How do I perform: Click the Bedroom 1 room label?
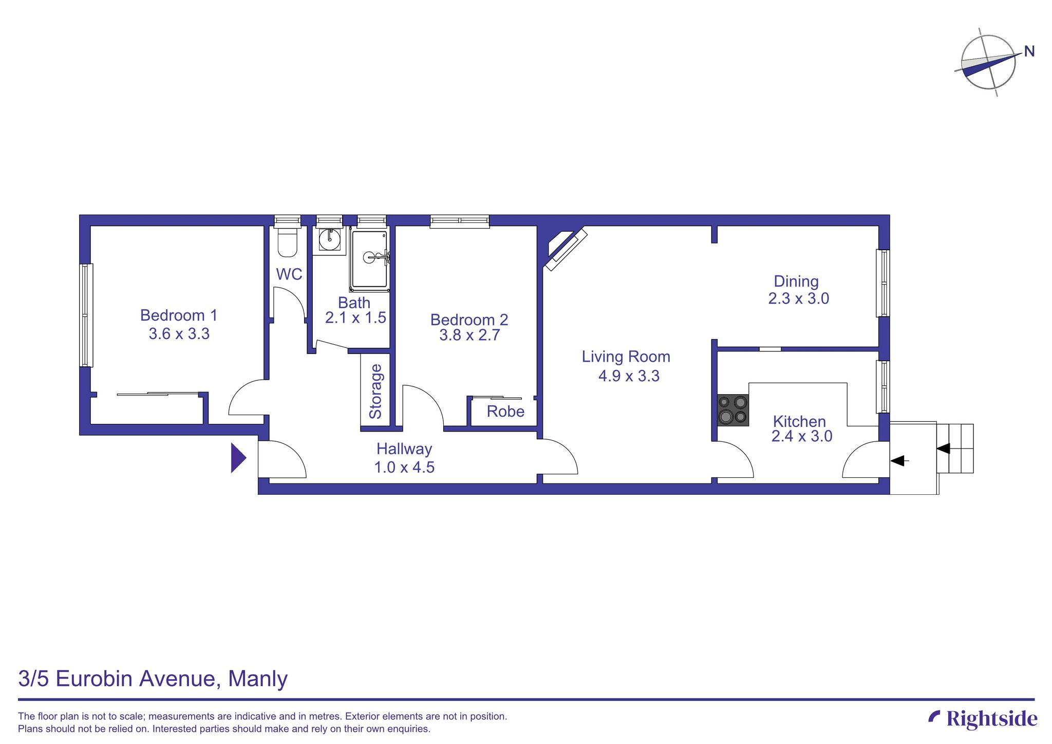click(179, 315)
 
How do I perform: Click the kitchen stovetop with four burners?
click(733, 410)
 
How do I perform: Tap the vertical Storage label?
click(376, 392)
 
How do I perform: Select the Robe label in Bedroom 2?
click(505, 412)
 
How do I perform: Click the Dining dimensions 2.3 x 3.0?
click(798, 299)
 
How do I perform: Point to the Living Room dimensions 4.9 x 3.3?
click(629, 376)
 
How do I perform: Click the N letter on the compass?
click(1029, 51)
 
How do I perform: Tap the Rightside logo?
click(983, 718)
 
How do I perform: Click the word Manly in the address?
click(257, 679)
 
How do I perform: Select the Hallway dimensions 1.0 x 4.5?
click(404, 468)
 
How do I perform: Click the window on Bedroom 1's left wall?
click(86, 315)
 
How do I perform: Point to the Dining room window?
click(882, 283)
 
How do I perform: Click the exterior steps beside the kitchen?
click(955, 448)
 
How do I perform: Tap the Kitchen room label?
click(799, 421)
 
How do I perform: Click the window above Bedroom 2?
click(460, 221)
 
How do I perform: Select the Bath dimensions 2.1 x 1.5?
click(355, 318)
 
